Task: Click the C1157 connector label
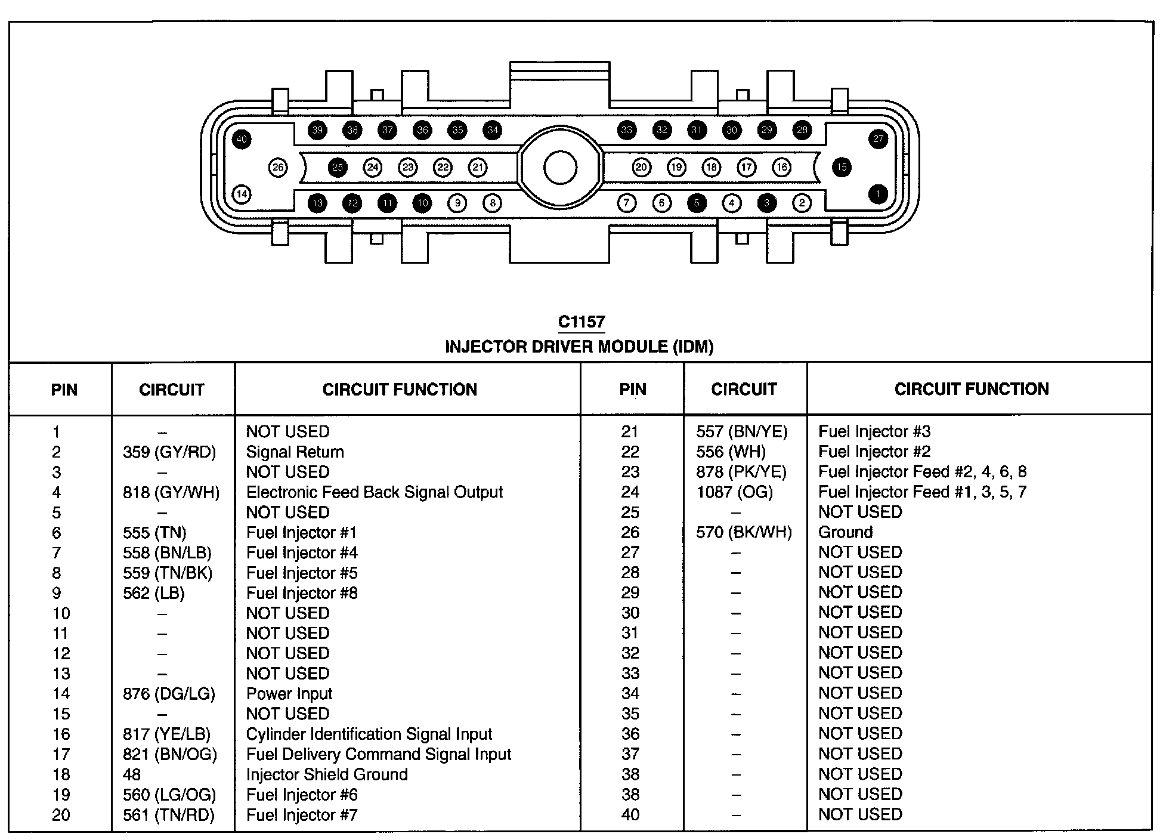(581, 322)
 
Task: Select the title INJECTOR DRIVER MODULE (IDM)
(579, 347)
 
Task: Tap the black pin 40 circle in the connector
(242, 140)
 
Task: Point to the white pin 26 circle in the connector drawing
(278, 168)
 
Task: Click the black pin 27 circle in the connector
(878, 139)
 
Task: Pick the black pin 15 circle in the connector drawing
(842, 167)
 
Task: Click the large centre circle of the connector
(560, 168)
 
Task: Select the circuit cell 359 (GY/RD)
(169, 452)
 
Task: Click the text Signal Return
(295, 452)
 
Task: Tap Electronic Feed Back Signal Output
(374, 492)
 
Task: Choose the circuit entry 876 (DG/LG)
(169, 694)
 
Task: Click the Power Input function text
(289, 694)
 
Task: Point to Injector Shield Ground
(327, 774)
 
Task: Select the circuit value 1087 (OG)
(734, 492)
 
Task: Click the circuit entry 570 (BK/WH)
(744, 532)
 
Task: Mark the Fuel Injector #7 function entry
(301, 815)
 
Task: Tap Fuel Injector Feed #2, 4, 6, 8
(922, 472)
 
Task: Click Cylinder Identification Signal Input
(369, 734)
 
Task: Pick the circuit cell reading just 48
(132, 774)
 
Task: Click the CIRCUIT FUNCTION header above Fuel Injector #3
(971, 390)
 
